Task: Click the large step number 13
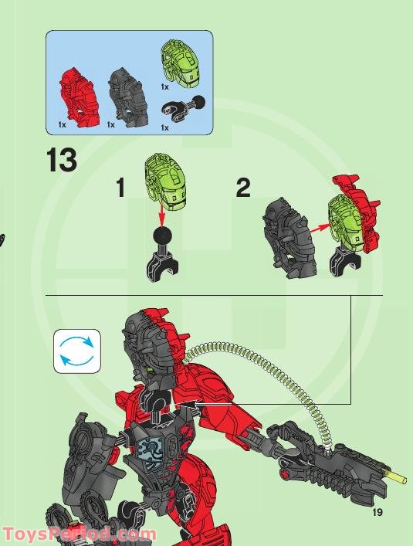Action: point(62,161)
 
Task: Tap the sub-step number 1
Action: point(120,187)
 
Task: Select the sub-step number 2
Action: point(243,187)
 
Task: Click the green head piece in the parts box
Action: point(179,62)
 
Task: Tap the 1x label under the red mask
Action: point(62,124)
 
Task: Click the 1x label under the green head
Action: point(164,88)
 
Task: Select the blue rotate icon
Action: point(77,351)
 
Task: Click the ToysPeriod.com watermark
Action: point(79,534)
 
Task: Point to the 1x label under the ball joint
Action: point(164,127)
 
